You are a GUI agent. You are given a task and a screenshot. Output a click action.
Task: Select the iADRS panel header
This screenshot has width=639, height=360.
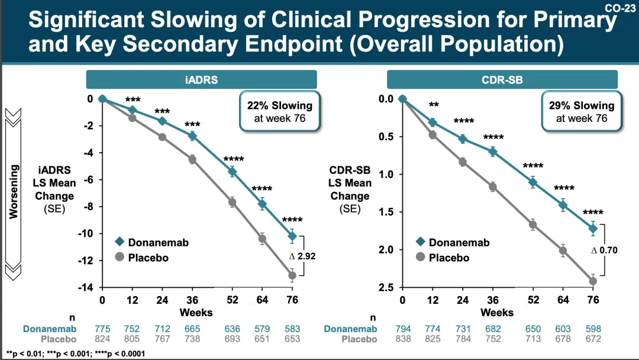pyautogui.click(x=201, y=80)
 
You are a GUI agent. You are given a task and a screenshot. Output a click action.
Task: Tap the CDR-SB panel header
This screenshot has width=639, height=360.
pyautogui.click(x=502, y=80)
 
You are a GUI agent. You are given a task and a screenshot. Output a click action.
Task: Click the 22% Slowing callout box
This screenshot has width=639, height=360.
pyautogui.click(x=279, y=111)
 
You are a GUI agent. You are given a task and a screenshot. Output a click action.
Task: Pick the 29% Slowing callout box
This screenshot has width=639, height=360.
pyautogui.click(x=582, y=111)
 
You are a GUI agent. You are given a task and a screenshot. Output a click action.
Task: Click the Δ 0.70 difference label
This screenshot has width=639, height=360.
pyautogui.click(x=604, y=250)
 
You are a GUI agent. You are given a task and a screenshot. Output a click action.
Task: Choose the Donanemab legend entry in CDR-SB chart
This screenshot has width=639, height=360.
pyautogui.click(x=452, y=242)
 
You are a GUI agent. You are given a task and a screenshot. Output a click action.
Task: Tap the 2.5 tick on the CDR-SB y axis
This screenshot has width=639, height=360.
pyautogui.click(x=387, y=288)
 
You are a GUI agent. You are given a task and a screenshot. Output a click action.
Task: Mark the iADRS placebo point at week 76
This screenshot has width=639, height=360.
pyautogui.click(x=292, y=275)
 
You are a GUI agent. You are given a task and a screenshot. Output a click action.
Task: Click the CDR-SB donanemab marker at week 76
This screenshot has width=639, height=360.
pyautogui.click(x=593, y=228)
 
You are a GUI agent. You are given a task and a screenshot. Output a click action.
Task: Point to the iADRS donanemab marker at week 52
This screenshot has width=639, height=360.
pyautogui.click(x=232, y=172)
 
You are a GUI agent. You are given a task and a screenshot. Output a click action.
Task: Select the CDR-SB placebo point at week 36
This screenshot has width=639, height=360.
pyautogui.click(x=493, y=187)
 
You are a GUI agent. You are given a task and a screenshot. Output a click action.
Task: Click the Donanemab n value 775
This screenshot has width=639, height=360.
pyautogui.click(x=102, y=329)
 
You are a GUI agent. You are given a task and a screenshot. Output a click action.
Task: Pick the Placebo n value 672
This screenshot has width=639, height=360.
pyautogui.click(x=592, y=339)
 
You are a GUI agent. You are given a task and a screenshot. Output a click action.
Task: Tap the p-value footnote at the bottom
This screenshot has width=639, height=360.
pyautogui.click(x=75, y=353)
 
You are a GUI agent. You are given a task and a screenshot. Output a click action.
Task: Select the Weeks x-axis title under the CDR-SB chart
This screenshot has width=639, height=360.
pyautogui.click(x=497, y=311)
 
